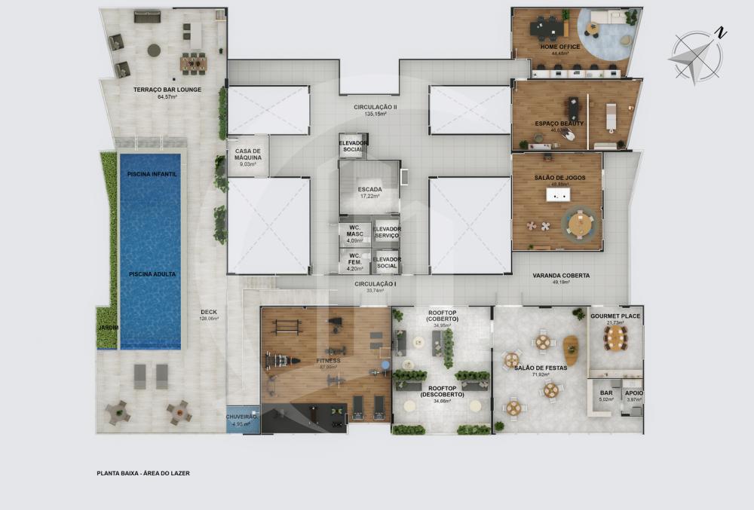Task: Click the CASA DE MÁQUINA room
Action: [248, 156]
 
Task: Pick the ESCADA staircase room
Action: [369, 191]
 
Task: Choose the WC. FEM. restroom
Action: [354, 261]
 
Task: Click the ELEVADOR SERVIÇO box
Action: [387, 234]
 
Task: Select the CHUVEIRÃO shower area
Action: [242, 419]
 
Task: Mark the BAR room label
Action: [606, 392]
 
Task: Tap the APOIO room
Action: [633, 392]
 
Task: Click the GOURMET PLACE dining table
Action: [615, 338]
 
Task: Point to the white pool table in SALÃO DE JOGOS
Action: [558, 196]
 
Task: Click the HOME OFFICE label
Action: [559, 47]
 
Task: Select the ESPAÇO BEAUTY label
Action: [559, 124]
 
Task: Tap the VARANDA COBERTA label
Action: [561, 276]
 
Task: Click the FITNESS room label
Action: [328, 361]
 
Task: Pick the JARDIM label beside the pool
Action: [108, 328]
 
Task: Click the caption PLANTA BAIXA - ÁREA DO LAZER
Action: [143, 473]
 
